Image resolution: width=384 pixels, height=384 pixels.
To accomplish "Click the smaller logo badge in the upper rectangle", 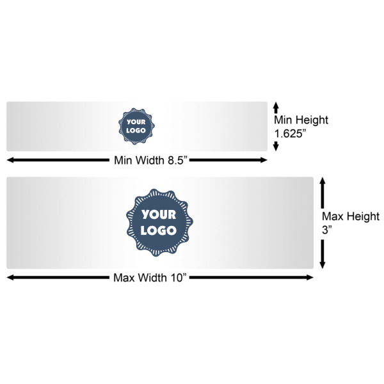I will pyautogui.click(x=135, y=125).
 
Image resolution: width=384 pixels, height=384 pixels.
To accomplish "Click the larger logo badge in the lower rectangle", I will pyautogui.click(x=159, y=222).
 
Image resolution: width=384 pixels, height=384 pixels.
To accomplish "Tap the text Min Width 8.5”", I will pyautogui.click(x=150, y=160).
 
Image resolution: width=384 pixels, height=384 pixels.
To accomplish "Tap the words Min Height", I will pyautogui.click(x=301, y=120).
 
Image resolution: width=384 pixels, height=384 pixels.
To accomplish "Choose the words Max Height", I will pyautogui.click(x=350, y=216).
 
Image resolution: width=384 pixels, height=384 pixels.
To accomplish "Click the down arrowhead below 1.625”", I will pyautogui.click(x=276, y=147).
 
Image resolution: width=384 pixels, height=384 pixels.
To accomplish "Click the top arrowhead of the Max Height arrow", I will pyautogui.click(x=323, y=182).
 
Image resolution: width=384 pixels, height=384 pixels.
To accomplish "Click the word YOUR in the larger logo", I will pyautogui.click(x=159, y=215).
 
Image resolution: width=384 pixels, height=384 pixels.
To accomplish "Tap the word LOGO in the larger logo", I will pyautogui.click(x=159, y=230).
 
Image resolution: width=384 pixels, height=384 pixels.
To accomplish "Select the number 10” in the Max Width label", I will pyautogui.click(x=176, y=278).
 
